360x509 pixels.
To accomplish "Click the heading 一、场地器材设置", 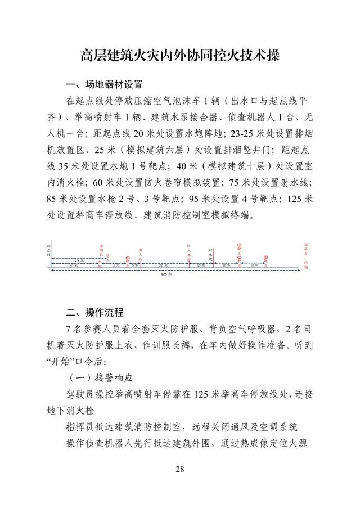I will tap(104, 85).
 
